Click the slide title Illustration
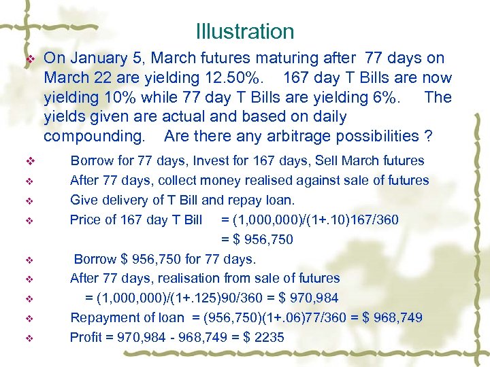click(244, 31)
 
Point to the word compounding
click(93, 136)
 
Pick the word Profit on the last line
click(85, 337)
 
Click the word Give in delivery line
click(83, 200)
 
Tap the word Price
click(84, 220)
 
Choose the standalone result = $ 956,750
click(257, 239)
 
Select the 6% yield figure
click(387, 97)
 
